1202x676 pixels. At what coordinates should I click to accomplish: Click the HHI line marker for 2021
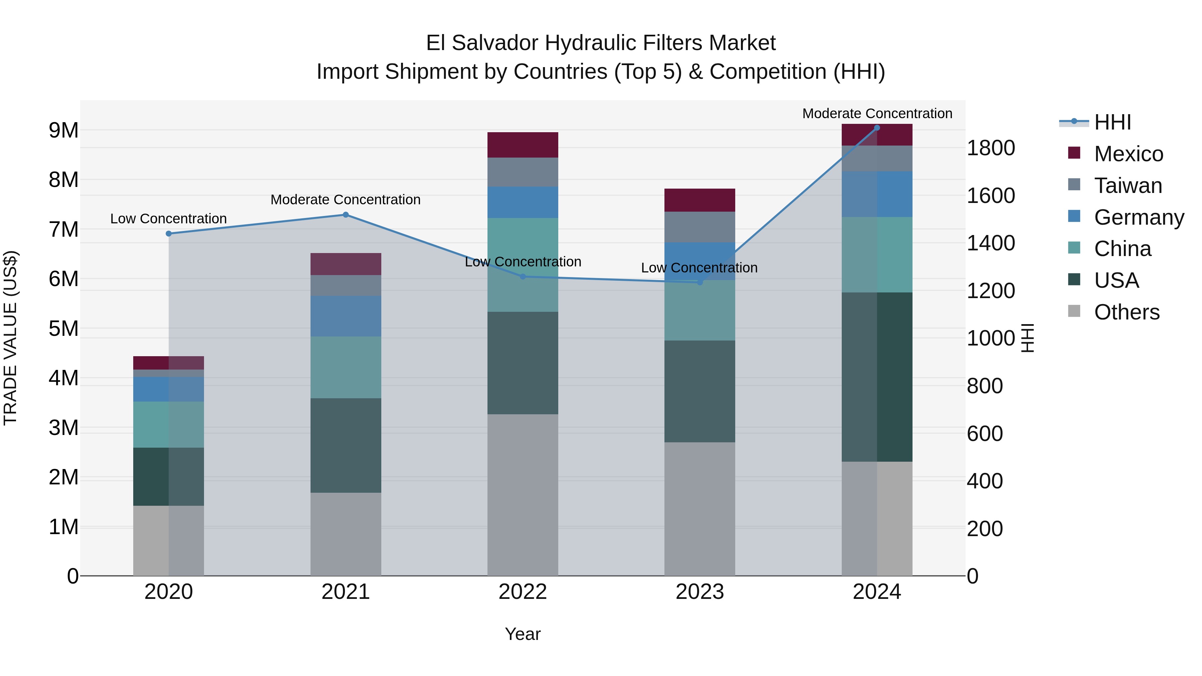(346, 215)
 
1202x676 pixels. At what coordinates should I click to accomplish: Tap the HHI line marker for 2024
(877, 128)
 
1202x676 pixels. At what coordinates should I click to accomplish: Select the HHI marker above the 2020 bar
(169, 234)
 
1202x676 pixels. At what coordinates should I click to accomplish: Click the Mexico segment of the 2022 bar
(523, 145)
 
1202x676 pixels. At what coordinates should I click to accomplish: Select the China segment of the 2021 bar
(346, 367)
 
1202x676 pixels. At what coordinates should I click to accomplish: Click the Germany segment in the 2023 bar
(699, 261)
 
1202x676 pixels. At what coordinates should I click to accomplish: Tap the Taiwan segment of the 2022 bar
(523, 172)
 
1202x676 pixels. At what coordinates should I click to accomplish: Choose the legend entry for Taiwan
(1128, 186)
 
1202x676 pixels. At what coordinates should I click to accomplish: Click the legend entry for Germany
(1139, 217)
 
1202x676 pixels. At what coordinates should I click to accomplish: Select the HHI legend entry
(1113, 122)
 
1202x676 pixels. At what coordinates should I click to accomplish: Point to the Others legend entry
(1127, 312)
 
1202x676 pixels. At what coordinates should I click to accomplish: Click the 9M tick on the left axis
(63, 130)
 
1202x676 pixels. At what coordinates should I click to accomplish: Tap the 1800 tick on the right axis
(991, 148)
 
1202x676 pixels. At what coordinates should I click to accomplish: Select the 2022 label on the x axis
(523, 592)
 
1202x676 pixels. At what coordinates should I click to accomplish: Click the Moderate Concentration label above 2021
(346, 200)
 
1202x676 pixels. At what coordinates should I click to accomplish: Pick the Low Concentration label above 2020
(169, 219)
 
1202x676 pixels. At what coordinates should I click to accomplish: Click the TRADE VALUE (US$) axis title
(10, 338)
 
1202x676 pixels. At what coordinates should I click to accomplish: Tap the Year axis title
(523, 634)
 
